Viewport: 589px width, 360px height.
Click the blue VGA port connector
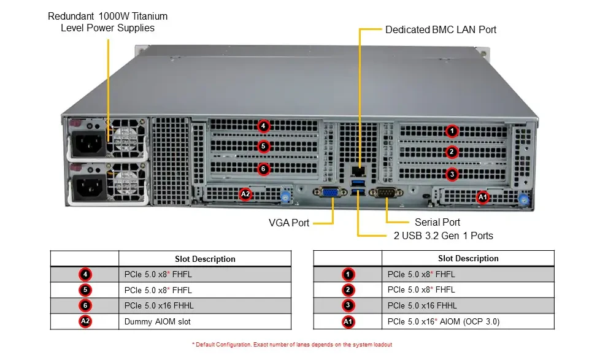pyautogui.click(x=330, y=192)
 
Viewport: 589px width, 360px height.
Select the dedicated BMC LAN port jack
pyautogui.click(x=358, y=172)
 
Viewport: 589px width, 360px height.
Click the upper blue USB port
pyautogui.click(x=358, y=183)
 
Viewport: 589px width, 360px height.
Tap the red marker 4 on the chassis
pyautogui.click(x=263, y=126)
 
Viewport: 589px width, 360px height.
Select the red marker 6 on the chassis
pyautogui.click(x=263, y=169)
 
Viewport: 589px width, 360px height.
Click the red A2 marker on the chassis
pyautogui.click(x=245, y=194)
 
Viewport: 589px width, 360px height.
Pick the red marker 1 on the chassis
pyautogui.click(x=452, y=131)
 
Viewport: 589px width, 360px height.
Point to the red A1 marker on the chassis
pyautogui.click(x=483, y=197)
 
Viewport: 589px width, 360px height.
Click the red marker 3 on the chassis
pyautogui.click(x=452, y=174)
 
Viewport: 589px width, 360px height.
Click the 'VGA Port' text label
pyautogui.click(x=289, y=223)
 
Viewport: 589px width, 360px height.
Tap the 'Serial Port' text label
pyautogui.click(x=437, y=222)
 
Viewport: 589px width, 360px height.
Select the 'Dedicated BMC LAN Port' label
pyautogui.click(x=441, y=29)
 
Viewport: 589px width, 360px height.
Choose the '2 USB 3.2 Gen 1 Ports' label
pyautogui.click(x=443, y=236)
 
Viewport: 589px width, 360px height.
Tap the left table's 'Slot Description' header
pyautogui.click(x=205, y=259)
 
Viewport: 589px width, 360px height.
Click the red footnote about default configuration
pyautogui.click(x=292, y=344)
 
